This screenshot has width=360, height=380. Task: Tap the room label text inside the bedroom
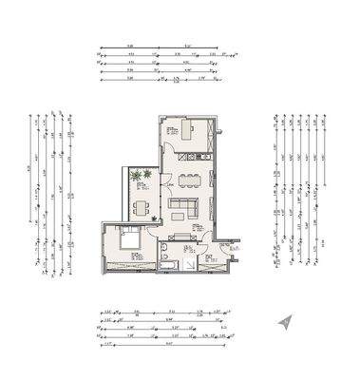click(136, 256)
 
